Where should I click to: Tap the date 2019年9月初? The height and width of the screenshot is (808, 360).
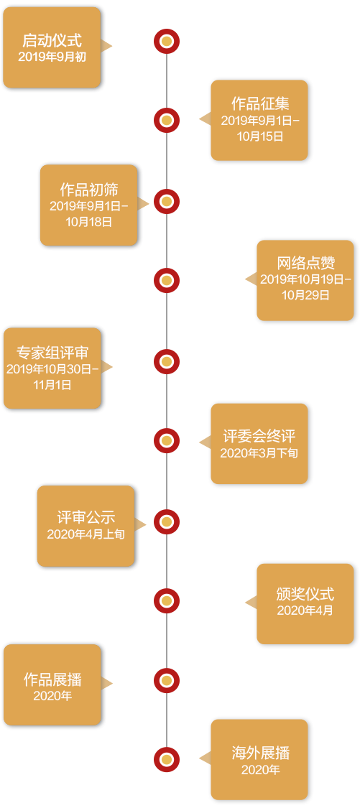(x=52, y=57)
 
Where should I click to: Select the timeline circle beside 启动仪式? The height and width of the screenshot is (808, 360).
(x=167, y=41)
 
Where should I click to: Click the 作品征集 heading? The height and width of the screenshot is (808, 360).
(x=260, y=103)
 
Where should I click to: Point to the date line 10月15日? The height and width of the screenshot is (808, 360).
(x=260, y=136)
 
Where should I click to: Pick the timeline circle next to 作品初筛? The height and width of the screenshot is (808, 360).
(x=167, y=202)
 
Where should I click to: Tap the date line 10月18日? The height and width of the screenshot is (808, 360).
(x=88, y=222)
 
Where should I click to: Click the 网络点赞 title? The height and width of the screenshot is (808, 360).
(x=306, y=264)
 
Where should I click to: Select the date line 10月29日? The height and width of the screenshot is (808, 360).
(x=305, y=296)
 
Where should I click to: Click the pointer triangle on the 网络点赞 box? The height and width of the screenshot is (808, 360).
(x=251, y=279)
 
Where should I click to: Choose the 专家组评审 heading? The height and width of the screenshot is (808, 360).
(x=52, y=353)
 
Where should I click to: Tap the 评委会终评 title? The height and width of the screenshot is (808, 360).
(x=259, y=437)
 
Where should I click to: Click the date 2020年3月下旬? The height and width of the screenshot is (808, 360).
(x=259, y=453)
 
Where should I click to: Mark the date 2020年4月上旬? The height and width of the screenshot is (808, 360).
(x=86, y=534)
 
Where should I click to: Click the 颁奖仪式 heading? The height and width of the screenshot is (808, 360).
(x=305, y=594)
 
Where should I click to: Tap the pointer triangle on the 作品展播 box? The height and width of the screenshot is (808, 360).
(x=107, y=684)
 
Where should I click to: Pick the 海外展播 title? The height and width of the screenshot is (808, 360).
(x=260, y=754)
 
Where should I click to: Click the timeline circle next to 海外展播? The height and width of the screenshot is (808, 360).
(x=167, y=760)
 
